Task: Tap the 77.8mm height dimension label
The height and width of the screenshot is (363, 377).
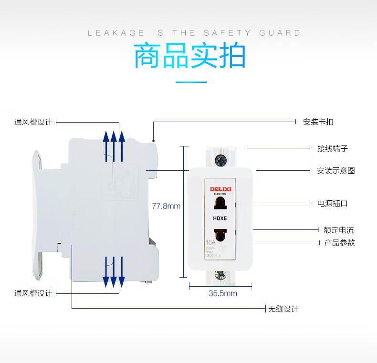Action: point(166,206)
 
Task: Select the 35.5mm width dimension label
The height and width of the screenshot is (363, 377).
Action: point(222,293)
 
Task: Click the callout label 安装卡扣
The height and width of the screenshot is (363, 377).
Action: point(318,122)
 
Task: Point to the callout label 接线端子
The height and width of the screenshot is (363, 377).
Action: point(333,148)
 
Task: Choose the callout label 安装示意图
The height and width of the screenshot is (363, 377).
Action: point(336,170)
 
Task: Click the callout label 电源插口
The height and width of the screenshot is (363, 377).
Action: point(333,203)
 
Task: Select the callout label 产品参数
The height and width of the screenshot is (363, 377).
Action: point(339,242)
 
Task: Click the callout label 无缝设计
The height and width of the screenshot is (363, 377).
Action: point(283,309)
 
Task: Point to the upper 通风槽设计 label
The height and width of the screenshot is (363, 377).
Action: point(33,122)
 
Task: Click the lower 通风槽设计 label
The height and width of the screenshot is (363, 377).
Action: point(33,293)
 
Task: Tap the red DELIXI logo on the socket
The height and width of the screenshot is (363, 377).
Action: point(220,189)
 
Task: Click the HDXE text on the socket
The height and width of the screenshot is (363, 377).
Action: point(220,219)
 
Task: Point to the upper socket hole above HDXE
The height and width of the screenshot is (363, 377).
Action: point(220,204)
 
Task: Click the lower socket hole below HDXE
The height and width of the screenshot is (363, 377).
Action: point(220,234)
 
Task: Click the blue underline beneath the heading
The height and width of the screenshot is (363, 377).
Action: point(191,82)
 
